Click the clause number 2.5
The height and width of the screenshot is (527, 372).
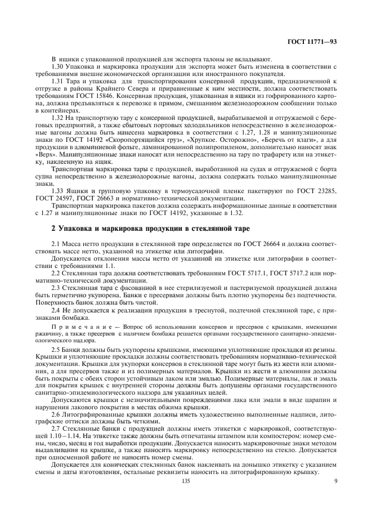pos(56,350)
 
